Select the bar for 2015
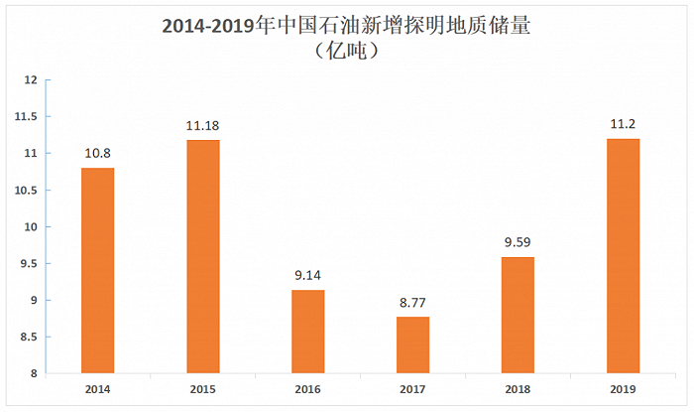[204, 257]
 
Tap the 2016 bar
[307, 332]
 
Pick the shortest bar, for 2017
[413, 345]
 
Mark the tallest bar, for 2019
[623, 256]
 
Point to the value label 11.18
[204, 126]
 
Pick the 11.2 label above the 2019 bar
[623, 125]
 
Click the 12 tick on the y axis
[31, 79]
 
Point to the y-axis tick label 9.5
[27, 264]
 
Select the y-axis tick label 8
[34, 374]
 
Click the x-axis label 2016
[307, 390]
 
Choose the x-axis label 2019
[623, 390]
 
